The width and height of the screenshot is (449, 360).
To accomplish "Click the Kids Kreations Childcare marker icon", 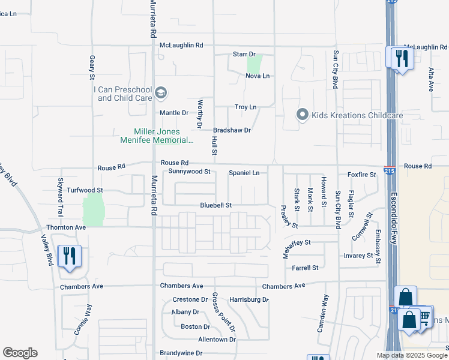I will click(x=303, y=114).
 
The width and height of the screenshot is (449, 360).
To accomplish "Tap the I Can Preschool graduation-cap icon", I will click(x=160, y=92).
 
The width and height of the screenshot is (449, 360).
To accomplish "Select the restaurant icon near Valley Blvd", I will click(x=70, y=257).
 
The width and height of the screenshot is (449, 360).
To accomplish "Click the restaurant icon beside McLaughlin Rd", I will click(x=400, y=58).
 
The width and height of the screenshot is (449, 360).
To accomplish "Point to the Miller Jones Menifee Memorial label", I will click(x=163, y=136).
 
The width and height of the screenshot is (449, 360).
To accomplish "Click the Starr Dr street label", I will click(x=244, y=55).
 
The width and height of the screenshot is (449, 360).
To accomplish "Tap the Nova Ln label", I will click(x=258, y=76).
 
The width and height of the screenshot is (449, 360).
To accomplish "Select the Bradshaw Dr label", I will click(x=232, y=130).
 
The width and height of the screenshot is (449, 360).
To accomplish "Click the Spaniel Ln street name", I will click(x=244, y=173).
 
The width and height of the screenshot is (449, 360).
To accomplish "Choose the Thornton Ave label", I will click(x=66, y=228).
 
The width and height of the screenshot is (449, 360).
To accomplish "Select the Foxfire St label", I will click(x=361, y=175).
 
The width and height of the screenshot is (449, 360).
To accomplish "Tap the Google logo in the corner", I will click(x=20, y=353).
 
